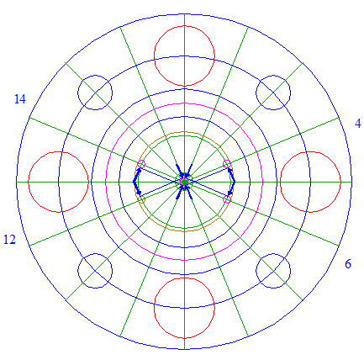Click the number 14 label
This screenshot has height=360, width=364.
pyautogui.click(x=20, y=99)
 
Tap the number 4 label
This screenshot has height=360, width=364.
pyautogui.click(x=358, y=124)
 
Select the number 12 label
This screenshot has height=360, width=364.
pyautogui.click(x=9, y=240)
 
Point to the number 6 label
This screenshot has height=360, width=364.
pyautogui.click(x=348, y=264)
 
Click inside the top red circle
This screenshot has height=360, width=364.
pyautogui.click(x=184, y=26)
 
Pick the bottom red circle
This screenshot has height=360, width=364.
pyautogui.click(x=184, y=278)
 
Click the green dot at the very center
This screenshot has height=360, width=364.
pyautogui.click(x=184, y=182)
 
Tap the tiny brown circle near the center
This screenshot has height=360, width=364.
pyautogui.click(x=142, y=197)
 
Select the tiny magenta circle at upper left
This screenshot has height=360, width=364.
pyautogui.click(x=141, y=161)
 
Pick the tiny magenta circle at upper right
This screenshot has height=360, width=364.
pyautogui.click(x=227, y=161)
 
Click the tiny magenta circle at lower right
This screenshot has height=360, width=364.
pyautogui.click(x=227, y=196)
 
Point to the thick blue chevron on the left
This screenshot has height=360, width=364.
pyautogui.click(x=134, y=182)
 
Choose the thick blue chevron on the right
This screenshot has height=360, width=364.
pyautogui.click(x=235, y=182)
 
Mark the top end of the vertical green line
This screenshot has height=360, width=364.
pyautogui.click(x=184, y=13)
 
